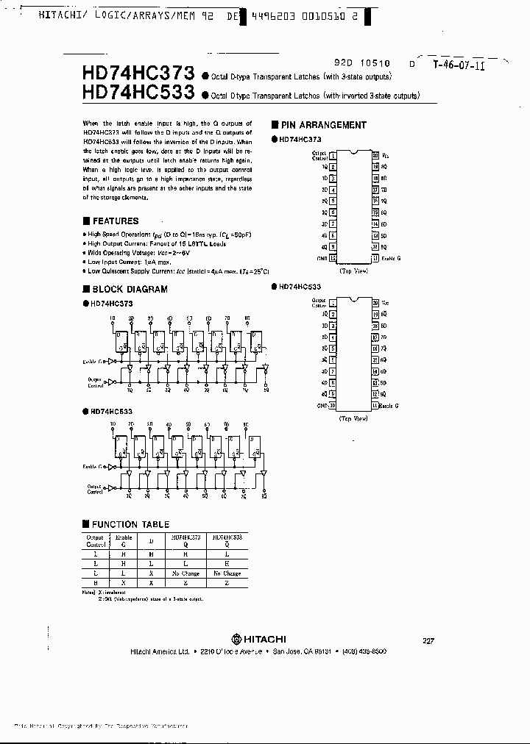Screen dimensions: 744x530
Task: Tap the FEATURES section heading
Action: pos(115,221)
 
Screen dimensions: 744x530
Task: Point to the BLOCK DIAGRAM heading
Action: pos(129,289)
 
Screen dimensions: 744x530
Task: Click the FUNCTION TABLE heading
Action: pos(130,524)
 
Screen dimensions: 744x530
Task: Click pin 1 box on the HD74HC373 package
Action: pos(333,156)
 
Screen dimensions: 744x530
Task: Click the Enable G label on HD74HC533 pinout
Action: pos(391,405)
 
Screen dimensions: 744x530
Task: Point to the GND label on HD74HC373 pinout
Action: pos(322,258)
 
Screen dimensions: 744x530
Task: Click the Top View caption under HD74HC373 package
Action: pos(353,271)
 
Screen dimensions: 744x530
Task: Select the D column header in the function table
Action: pos(151,541)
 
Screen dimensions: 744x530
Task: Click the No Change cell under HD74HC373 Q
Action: pos(185,573)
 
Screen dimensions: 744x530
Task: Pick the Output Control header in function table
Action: pos(95,541)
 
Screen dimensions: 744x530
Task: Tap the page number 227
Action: pos(428,640)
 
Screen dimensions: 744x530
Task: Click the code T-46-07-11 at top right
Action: pos(459,65)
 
